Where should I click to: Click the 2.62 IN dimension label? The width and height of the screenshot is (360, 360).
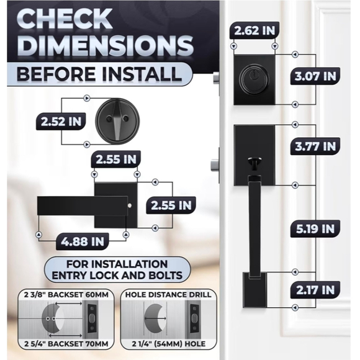pyautogui.click(x=254, y=30)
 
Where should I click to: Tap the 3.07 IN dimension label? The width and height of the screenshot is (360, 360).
pyautogui.click(x=315, y=78)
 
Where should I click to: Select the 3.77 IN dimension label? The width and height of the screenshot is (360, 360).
pyautogui.click(x=315, y=147)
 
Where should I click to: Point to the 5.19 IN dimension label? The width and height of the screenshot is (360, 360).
pyautogui.click(x=315, y=228)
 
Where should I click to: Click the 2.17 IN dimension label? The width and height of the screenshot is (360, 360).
pyautogui.click(x=315, y=289)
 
